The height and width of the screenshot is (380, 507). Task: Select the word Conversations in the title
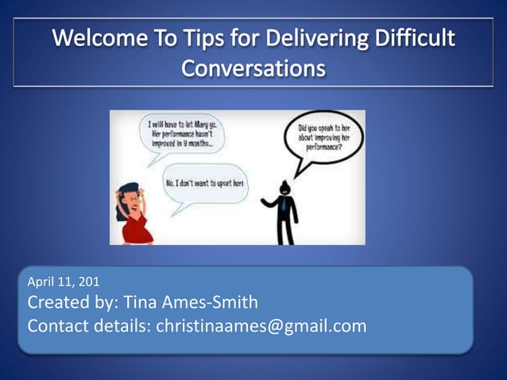253,68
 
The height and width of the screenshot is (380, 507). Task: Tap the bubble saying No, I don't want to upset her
204,184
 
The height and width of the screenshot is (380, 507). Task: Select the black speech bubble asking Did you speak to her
323,138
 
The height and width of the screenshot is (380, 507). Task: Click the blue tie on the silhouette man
283,203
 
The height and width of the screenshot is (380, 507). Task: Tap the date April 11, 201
64,281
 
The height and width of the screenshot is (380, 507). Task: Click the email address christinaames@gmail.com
261,325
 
